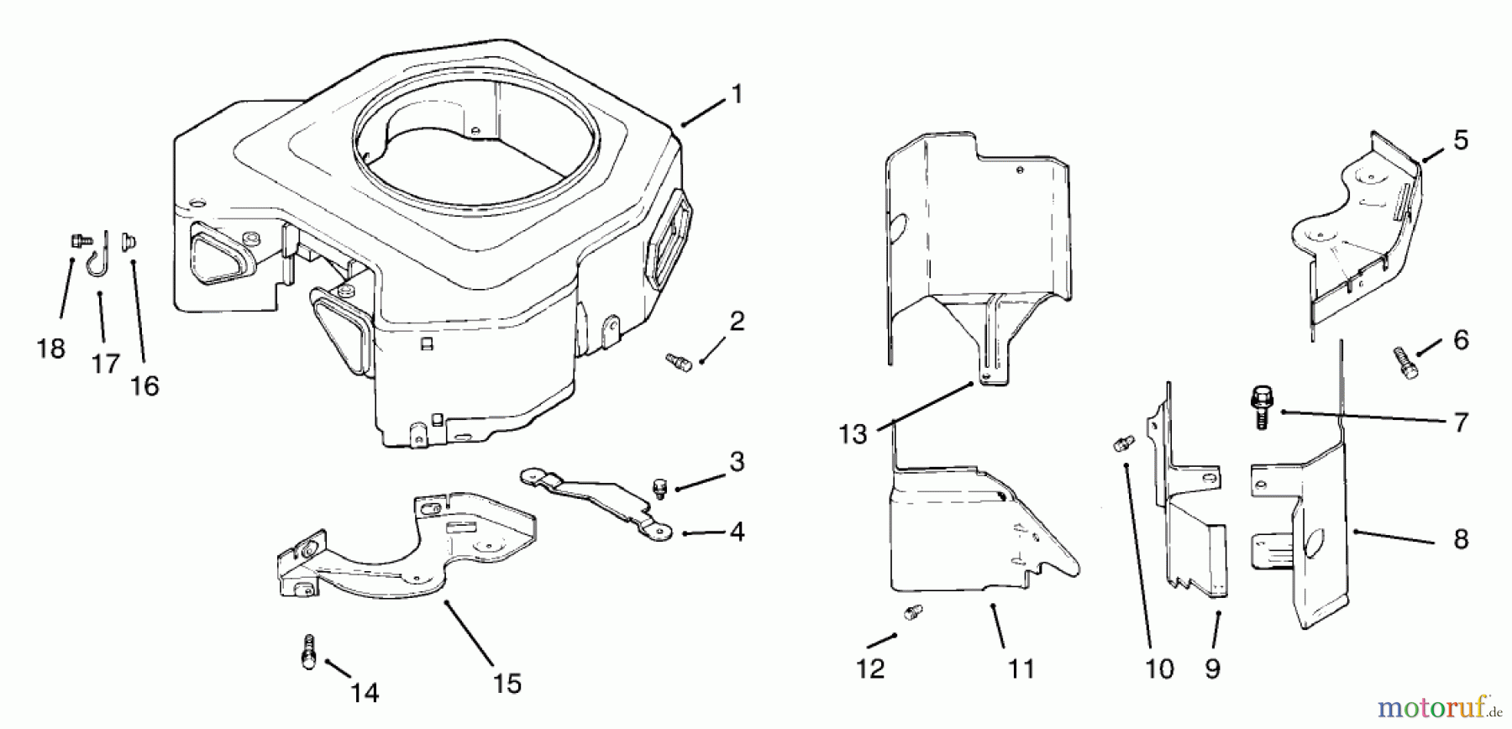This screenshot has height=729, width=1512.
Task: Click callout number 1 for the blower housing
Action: [738, 94]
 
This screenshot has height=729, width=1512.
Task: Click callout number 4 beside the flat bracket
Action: [738, 532]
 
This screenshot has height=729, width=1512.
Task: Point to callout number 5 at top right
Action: [1461, 140]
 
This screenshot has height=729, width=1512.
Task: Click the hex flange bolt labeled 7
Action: [1260, 408]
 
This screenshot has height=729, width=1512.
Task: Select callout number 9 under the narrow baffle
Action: [1212, 669]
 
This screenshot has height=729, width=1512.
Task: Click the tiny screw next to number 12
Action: [911, 612]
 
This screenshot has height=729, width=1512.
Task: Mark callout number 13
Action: [853, 434]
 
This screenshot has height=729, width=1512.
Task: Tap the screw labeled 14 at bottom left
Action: [308, 652]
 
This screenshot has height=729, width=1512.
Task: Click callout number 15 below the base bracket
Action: [507, 683]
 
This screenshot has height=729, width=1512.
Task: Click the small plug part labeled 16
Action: [130, 244]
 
